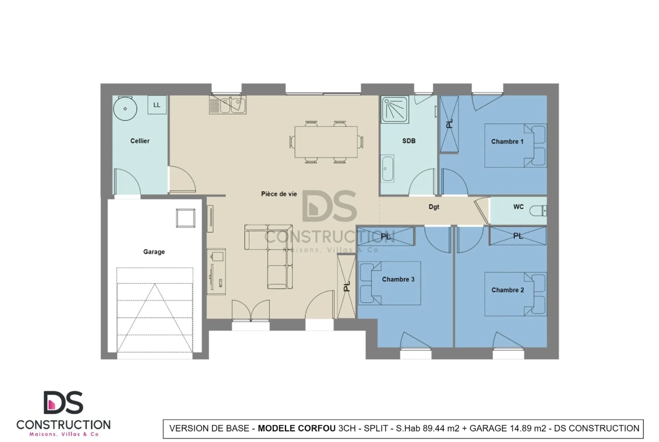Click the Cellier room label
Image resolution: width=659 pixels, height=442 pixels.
point(140,141)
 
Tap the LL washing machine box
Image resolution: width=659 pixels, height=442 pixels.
point(157,105)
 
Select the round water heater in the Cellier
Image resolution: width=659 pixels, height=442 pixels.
point(125,109)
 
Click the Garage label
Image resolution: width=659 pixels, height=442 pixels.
point(154,252)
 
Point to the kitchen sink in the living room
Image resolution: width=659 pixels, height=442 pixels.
point(228,105)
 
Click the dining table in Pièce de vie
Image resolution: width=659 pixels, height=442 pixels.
point(326,142)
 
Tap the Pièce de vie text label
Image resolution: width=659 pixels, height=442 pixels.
point(279,194)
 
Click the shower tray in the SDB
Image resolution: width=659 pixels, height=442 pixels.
point(395,110)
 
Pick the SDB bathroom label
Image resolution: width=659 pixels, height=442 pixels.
point(409,141)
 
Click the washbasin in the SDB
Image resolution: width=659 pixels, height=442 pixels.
point(387,168)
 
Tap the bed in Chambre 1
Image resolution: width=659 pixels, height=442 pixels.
point(516,145)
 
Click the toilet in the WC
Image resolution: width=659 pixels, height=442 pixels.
point(538,210)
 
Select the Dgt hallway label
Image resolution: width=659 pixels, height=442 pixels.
point(434,207)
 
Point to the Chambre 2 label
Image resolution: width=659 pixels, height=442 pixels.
point(507,290)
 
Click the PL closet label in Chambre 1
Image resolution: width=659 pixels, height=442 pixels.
point(449,123)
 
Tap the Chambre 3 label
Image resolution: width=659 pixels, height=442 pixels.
point(398,279)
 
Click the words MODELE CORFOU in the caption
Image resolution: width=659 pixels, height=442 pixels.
point(297,428)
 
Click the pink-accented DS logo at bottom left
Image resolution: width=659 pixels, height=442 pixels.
point(64,403)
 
